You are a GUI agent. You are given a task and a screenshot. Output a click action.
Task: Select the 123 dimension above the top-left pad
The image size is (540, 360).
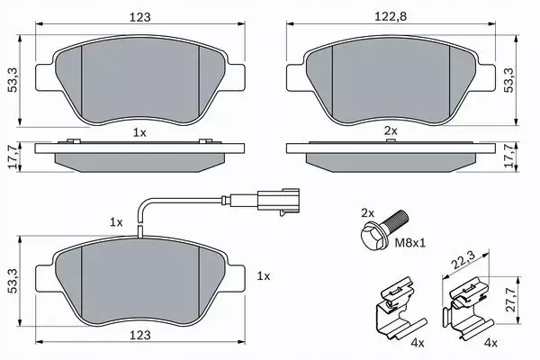pos(139,16)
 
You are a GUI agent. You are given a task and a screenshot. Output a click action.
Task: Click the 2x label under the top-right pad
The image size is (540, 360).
pos(391,131)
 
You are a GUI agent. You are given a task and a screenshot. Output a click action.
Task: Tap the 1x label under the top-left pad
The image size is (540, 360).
pos(139,131)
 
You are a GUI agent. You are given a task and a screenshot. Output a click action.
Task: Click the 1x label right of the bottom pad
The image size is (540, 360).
pos(263,275)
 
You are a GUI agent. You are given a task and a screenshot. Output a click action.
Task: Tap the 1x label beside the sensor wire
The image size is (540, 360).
pos(114,220)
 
